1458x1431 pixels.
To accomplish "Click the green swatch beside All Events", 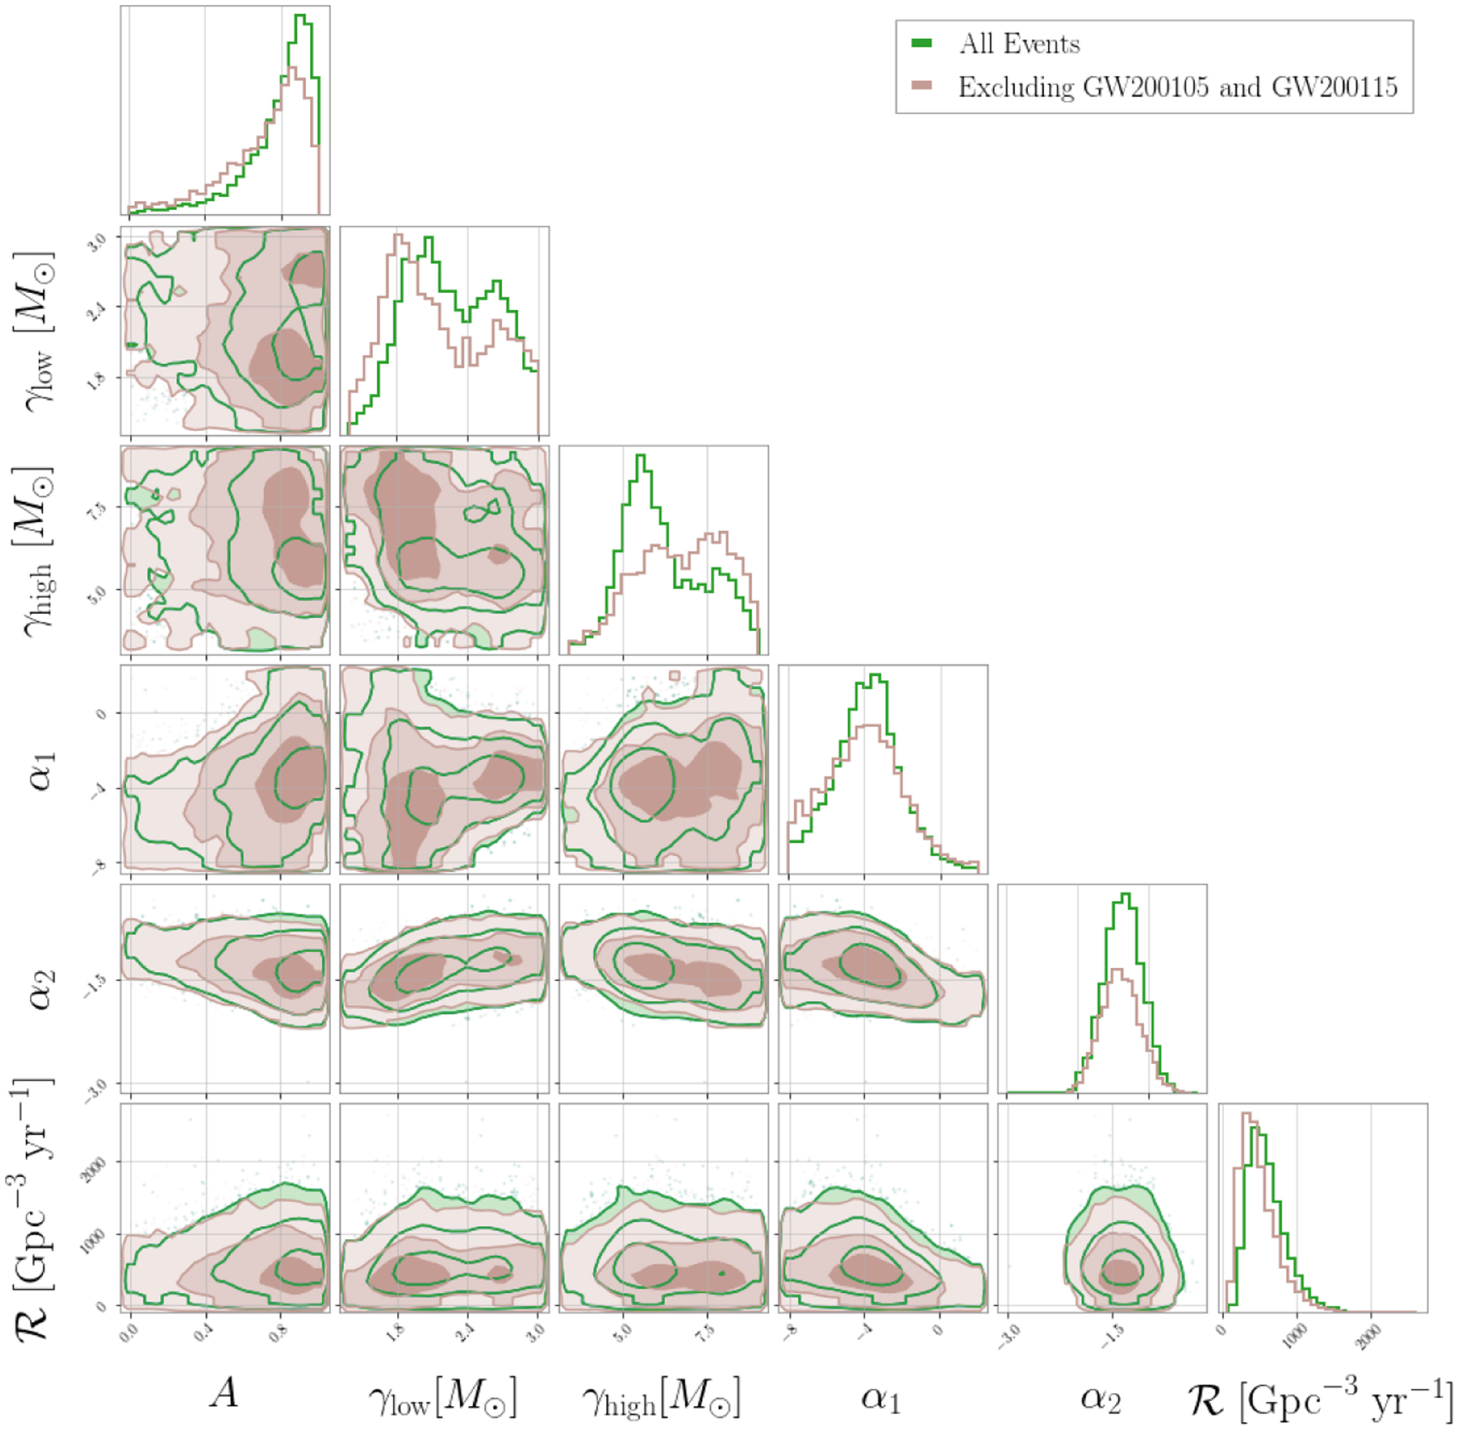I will (922, 43).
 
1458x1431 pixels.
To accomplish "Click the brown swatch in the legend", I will (922, 87).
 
